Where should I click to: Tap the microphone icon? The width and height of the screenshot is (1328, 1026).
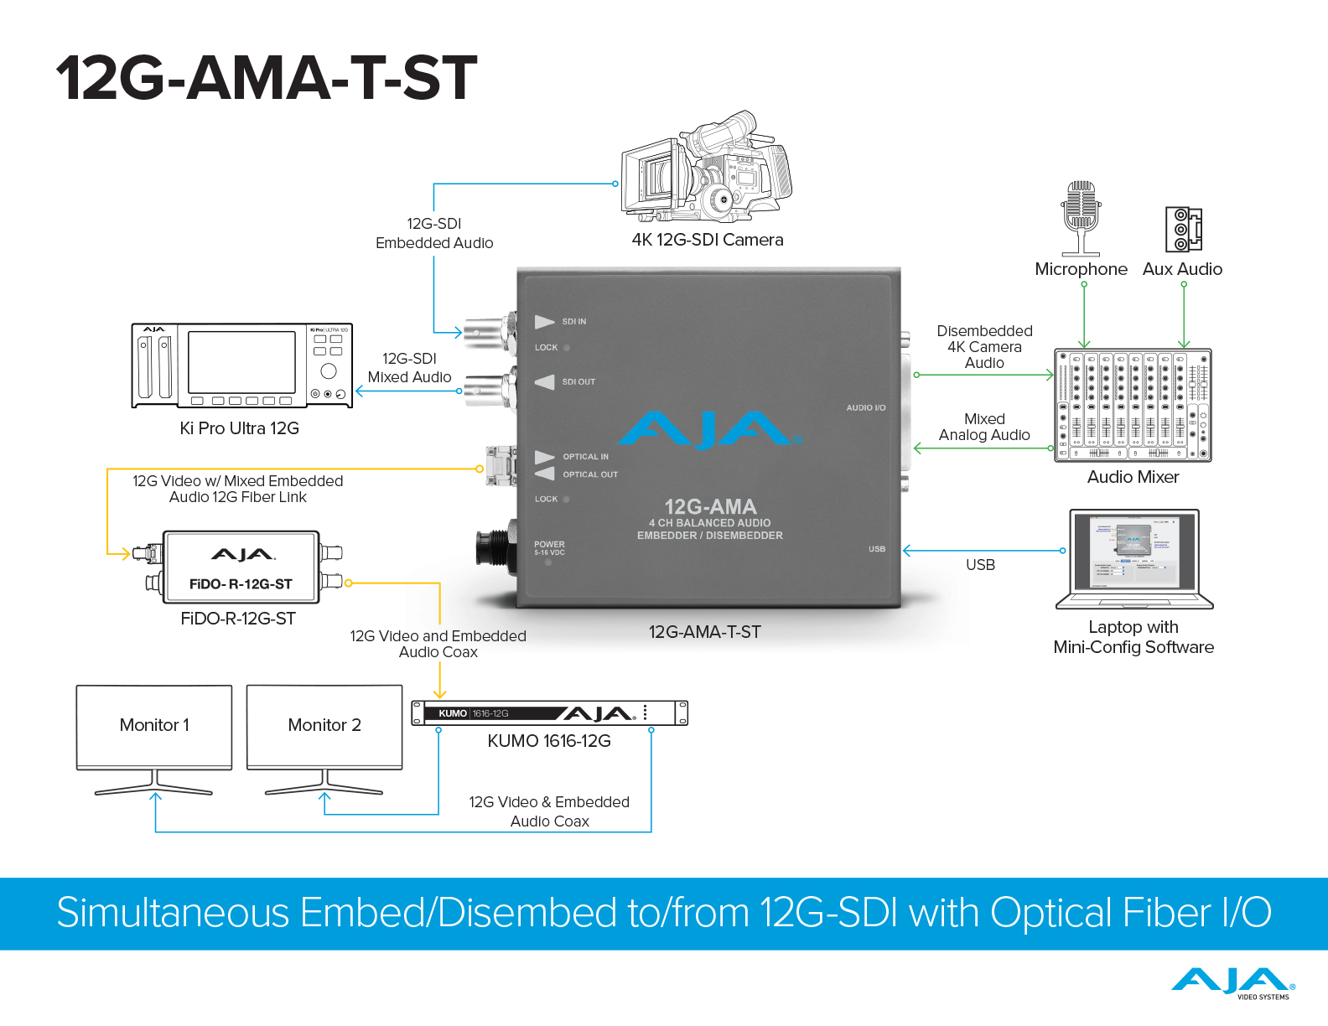coord(1081,216)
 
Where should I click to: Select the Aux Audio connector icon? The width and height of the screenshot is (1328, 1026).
coord(1182,229)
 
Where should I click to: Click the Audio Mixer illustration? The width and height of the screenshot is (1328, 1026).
coord(1133,406)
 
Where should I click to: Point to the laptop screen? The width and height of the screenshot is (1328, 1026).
coord(1133,550)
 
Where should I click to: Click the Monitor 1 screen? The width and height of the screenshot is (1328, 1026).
coord(154,725)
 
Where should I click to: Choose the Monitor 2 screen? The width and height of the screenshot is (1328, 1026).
coord(324,725)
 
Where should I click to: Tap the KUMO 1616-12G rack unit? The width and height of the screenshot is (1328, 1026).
coord(549,713)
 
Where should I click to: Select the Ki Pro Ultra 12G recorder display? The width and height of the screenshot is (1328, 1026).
coord(241,361)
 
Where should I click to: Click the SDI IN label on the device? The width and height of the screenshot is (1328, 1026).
coord(574,322)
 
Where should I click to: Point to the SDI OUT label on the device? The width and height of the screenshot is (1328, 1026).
coord(578,382)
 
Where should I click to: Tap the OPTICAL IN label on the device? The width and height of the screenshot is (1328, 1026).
coord(585,457)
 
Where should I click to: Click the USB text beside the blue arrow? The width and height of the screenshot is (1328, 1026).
coord(980,565)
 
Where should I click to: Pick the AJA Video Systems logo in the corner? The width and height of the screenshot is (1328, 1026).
coord(1233,983)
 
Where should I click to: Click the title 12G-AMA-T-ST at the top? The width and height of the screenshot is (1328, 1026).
coord(267,78)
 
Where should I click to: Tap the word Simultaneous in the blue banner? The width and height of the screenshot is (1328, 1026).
coord(173,913)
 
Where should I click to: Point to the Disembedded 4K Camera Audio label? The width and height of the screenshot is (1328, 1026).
coord(984,347)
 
